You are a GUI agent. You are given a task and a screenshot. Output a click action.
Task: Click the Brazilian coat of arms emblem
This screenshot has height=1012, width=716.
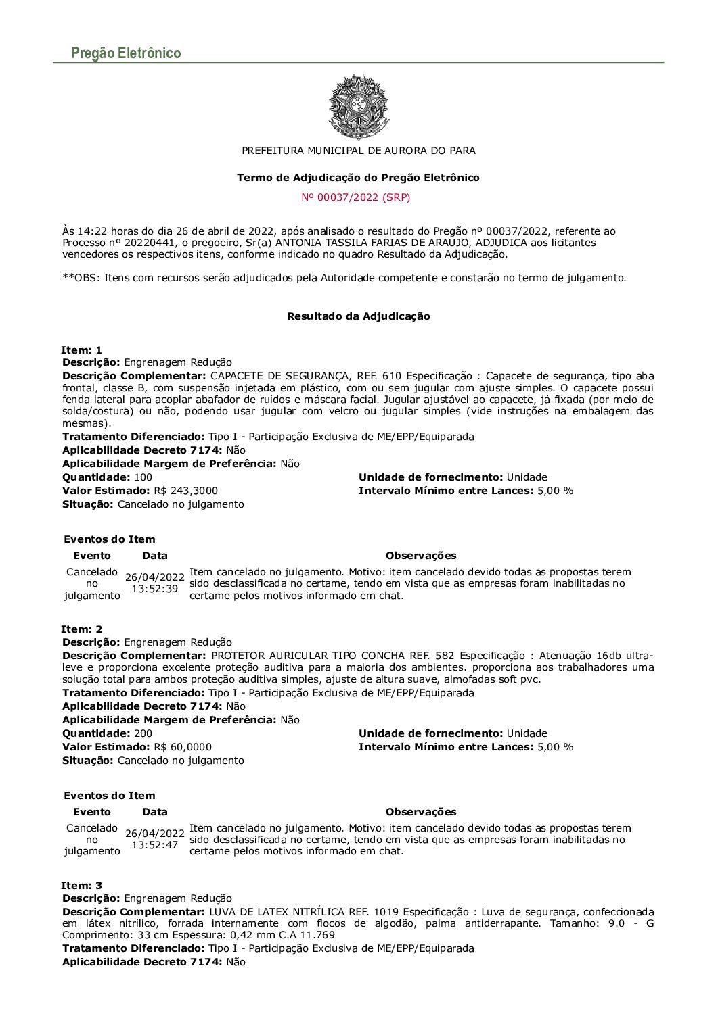(358, 107)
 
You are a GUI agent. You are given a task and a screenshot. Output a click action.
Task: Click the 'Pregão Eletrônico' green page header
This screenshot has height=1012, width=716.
(126, 53)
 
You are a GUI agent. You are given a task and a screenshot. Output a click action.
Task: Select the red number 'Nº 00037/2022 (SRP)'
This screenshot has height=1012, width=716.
(356, 197)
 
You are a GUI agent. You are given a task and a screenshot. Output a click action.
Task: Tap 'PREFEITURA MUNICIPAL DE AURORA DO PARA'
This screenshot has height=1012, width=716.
(359, 151)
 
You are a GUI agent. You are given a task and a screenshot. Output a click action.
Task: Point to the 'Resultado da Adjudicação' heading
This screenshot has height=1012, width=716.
(359, 316)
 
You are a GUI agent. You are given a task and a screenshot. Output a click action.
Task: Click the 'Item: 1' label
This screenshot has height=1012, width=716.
(81, 350)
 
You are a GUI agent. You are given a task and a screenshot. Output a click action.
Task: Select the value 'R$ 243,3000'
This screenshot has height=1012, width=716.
(186, 491)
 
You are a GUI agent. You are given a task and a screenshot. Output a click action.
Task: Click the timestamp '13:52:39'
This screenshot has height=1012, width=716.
(154, 589)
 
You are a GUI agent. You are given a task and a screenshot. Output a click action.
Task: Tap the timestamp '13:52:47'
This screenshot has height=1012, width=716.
(154, 845)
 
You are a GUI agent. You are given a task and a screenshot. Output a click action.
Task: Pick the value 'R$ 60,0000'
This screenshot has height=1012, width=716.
(183, 747)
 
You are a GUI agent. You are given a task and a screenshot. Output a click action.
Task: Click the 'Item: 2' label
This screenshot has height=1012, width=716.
(81, 629)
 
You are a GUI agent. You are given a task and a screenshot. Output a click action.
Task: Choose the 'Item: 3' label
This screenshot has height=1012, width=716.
(81, 886)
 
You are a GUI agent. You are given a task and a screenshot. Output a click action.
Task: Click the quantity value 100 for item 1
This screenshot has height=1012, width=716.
(143, 477)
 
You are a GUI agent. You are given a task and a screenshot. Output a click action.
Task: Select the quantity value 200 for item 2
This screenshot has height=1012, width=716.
(143, 733)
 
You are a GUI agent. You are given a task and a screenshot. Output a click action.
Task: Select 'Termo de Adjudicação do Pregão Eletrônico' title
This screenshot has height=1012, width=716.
(358, 178)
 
